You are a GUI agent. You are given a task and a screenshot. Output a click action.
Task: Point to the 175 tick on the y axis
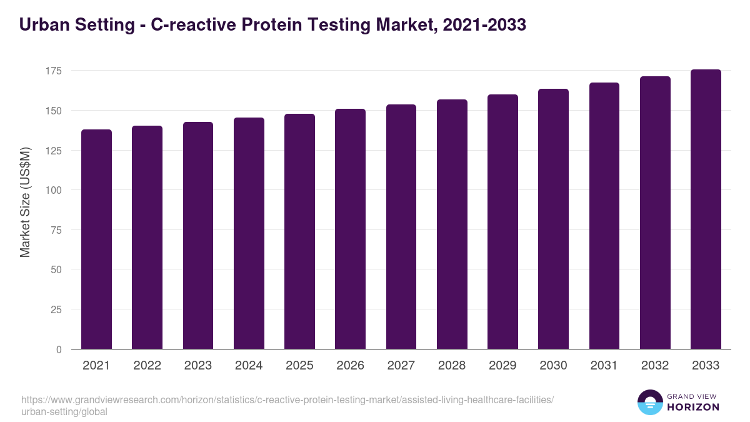[x=54, y=71]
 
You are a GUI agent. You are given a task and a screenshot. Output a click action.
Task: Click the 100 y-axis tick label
[x=54, y=190]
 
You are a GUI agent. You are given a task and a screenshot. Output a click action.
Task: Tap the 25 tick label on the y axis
[x=57, y=309]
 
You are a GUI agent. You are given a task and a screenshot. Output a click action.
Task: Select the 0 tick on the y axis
[x=59, y=349]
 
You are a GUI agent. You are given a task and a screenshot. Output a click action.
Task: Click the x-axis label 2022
[x=147, y=366]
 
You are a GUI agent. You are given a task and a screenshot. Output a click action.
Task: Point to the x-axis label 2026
[x=350, y=366]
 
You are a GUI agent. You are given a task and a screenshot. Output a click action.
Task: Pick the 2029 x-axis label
[x=502, y=366]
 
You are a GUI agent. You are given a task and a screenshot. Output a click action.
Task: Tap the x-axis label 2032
[x=655, y=366]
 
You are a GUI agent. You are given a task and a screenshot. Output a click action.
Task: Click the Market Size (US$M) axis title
[x=25, y=202]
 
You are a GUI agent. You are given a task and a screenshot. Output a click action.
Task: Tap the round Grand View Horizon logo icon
[x=650, y=402]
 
